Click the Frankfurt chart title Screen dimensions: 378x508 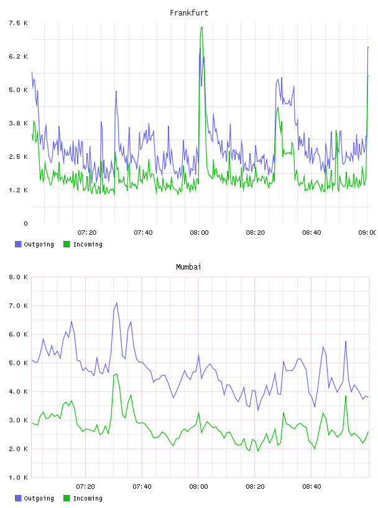(189, 13)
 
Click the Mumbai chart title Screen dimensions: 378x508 (188, 267)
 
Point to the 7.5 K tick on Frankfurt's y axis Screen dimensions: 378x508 (18, 23)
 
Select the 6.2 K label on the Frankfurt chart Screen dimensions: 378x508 (18, 57)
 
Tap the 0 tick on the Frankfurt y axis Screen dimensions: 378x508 (25, 223)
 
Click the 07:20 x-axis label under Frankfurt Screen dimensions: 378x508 (87, 232)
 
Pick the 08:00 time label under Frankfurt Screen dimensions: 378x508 (199, 232)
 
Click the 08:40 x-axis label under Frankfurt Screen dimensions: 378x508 (311, 232)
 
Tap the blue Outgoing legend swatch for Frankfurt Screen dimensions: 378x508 (18, 244)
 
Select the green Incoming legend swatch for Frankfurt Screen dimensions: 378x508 (67, 244)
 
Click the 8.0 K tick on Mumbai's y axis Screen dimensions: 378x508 (18, 277)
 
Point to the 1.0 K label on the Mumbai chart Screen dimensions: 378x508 (18, 477)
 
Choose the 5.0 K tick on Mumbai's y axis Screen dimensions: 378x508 (18, 363)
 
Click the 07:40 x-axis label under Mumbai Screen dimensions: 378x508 (142, 486)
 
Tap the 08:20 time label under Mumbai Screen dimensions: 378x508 (255, 486)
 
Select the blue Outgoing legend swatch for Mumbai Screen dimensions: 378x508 (18, 498)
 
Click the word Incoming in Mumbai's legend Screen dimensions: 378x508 (88, 499)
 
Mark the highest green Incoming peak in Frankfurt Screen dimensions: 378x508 (201, 27)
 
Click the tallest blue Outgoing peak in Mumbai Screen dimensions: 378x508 (116, 303)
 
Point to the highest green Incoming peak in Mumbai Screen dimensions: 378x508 (116, 374)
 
